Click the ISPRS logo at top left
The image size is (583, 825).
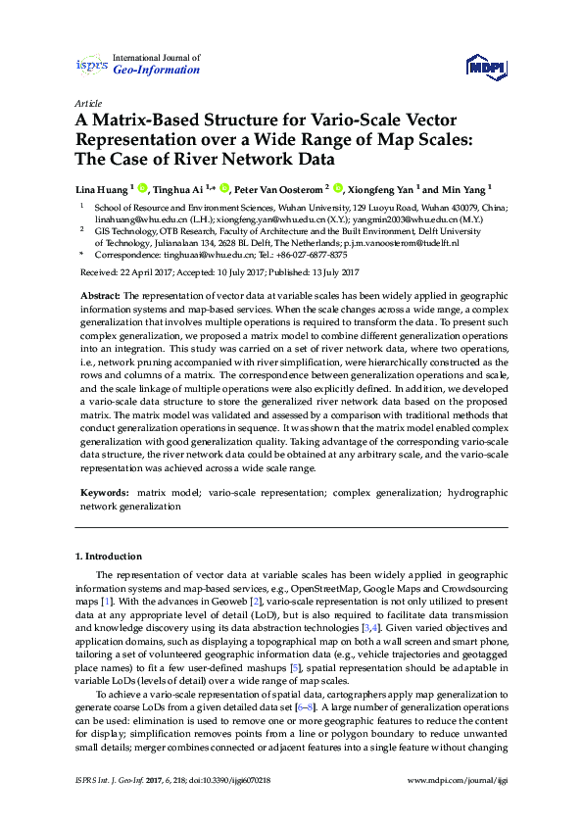[92, 65]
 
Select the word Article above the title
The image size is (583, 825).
[87, 103]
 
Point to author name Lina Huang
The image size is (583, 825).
[101, 188]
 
